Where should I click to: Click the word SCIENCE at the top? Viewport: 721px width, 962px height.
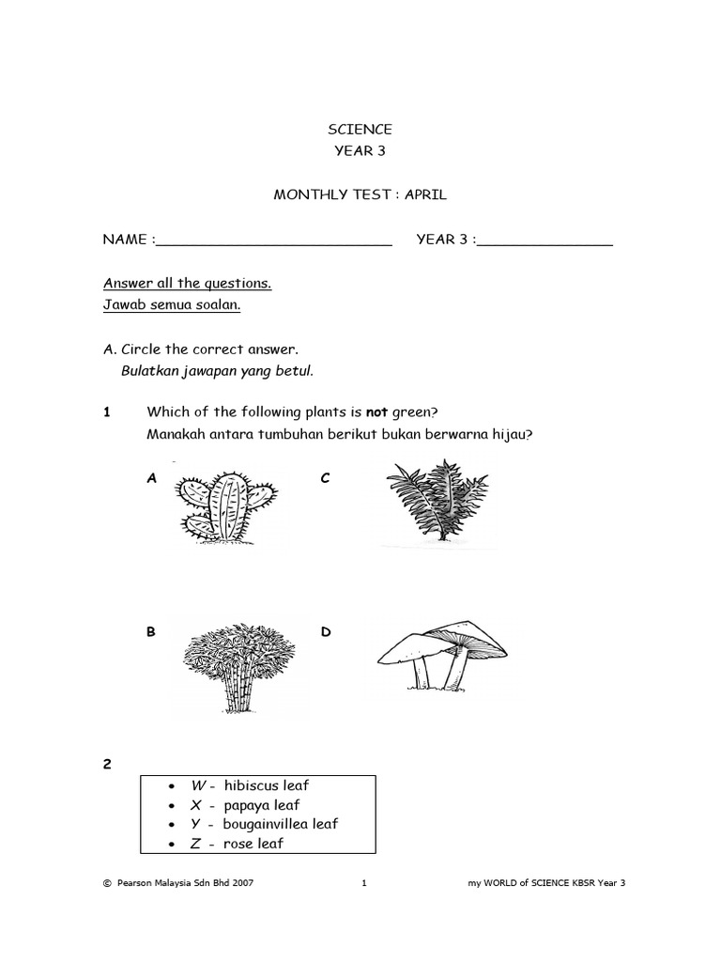click(360, 130)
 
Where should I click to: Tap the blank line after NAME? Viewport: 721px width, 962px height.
click(273, 241)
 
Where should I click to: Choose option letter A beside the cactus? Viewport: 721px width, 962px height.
click(151, 478)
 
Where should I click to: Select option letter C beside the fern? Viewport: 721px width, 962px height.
click(325, 478)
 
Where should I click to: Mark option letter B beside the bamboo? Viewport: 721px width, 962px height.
click(150, 632)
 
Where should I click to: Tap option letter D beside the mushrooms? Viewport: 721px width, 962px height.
click(326, 632)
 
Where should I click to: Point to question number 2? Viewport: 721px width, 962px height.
click(107, 765)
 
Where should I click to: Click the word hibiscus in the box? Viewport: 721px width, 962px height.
click(253, 785)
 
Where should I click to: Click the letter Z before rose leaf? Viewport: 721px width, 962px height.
click(196, 844)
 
